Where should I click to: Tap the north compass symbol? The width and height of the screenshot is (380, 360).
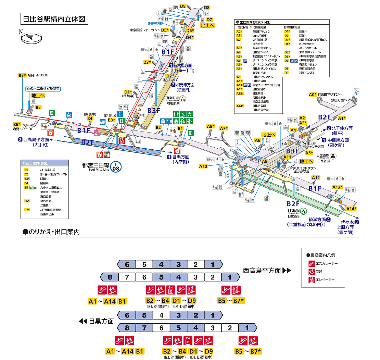[31, 38]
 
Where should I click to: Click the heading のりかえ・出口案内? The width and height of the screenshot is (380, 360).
[51, 232]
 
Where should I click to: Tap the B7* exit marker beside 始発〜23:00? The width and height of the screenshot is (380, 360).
[22, 75]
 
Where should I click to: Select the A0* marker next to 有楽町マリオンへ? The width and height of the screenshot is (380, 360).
[312, 95]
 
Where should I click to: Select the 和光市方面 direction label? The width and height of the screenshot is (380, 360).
[188, 85]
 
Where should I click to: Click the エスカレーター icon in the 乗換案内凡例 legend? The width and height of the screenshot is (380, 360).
[312, 263]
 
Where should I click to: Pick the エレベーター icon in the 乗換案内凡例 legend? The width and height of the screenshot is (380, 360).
[312, 280]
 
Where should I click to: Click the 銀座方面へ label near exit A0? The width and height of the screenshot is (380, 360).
[339, 100]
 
